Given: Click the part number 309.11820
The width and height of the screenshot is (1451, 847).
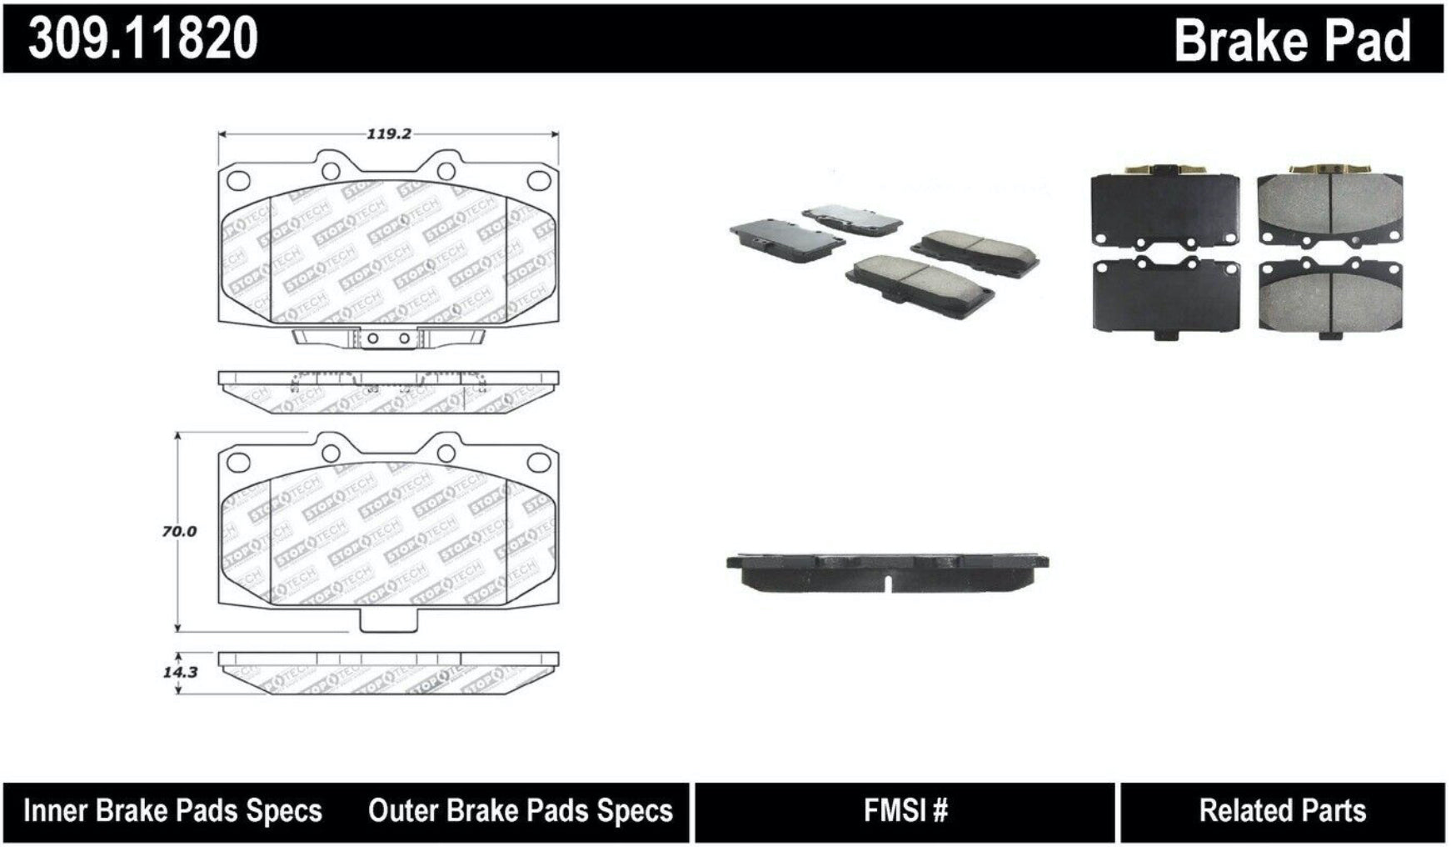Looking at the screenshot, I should tap(142, 38).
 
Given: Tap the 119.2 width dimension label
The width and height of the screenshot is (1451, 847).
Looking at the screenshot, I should tap(388, 133).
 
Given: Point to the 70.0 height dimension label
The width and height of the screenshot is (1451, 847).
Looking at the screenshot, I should tap(179, 531).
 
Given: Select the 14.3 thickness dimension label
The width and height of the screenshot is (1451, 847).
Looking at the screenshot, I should tap(180, 671).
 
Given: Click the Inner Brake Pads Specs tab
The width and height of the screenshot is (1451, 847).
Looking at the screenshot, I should tap(172, 810).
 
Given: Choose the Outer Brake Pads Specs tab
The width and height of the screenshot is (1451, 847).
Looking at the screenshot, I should tap(520, 810).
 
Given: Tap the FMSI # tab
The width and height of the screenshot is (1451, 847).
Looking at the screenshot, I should tap(905, 810).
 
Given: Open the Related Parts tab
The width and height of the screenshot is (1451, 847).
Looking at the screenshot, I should tap(1282, 810).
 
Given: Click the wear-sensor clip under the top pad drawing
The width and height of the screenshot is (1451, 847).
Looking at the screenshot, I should tap(388, 338).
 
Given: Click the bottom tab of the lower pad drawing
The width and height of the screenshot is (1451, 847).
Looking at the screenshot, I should tap(388, 620).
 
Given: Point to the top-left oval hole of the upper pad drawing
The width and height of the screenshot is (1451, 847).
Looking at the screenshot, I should tap(238, 179).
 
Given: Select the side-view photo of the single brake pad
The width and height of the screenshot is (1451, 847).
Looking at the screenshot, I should tap(887, 571).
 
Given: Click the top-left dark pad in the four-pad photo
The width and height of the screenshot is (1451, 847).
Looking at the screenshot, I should tap(1164, 208).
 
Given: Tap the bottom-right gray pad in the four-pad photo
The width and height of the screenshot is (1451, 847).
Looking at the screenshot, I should tap(1330, 296).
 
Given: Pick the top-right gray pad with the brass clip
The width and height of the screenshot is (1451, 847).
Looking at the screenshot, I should tap(1330, 207).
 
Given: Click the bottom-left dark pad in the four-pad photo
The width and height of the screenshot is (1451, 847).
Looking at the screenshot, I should tap(1165, 296).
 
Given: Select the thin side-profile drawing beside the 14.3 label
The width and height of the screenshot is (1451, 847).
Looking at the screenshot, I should tap(388, 672).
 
